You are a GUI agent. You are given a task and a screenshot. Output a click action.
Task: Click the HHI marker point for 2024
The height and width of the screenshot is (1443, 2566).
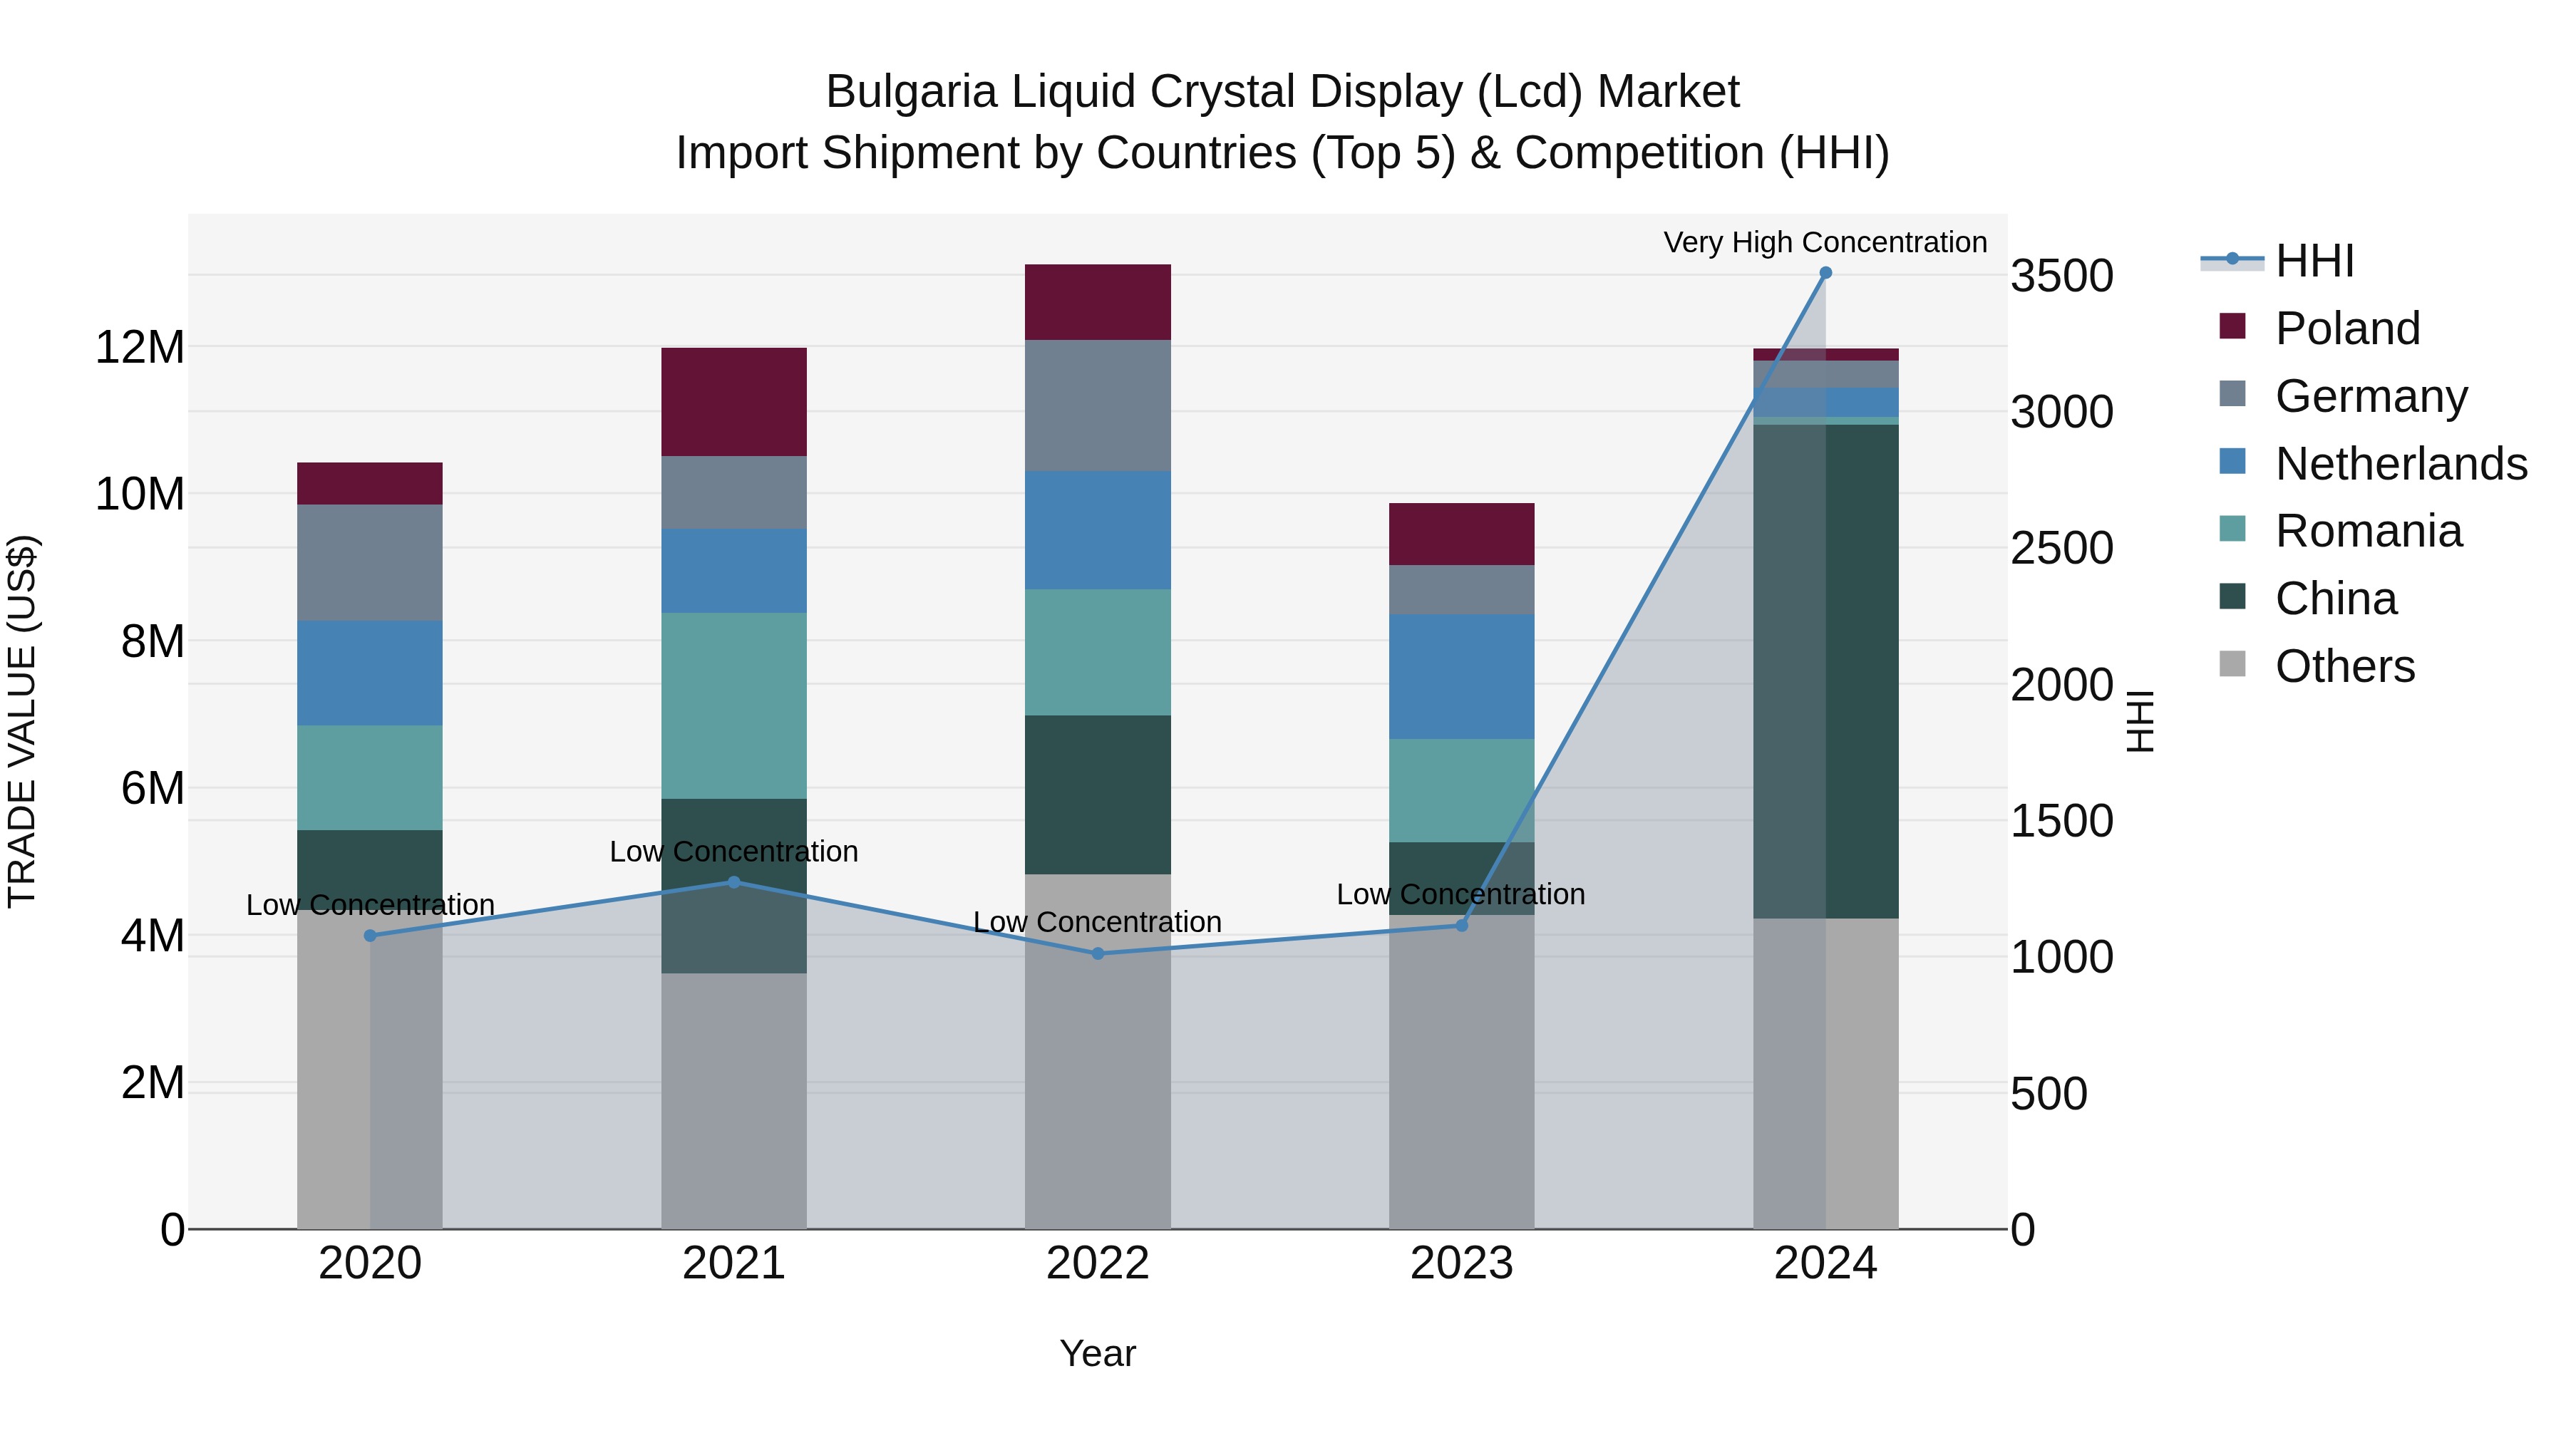[x=1825, y=273]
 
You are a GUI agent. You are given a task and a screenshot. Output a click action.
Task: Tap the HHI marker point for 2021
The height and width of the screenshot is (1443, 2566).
[x=734, y=881]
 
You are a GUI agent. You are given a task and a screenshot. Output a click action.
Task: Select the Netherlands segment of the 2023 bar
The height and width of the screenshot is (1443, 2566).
[x=1461, y=676]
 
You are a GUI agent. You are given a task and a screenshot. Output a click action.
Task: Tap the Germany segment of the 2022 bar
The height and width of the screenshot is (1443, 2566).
[x=1098, y=405]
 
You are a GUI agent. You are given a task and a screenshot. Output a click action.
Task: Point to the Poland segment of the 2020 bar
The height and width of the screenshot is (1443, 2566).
[x=369, y=483]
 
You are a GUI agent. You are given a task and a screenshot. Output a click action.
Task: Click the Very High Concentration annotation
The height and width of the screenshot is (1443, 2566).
[x=1825, y=242]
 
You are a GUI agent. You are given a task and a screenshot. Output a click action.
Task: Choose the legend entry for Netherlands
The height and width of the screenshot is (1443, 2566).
[x=2401, y=463]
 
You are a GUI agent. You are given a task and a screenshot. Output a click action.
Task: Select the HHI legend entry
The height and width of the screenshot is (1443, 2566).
[x=2314, y=260]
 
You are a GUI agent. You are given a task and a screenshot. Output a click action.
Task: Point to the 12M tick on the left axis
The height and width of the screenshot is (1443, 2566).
[x=140, y=348]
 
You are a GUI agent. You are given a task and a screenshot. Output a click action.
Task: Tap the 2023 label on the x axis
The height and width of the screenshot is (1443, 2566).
[x=1461, y=1263]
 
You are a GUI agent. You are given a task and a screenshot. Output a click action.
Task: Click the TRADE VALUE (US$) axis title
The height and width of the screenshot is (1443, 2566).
[x=22, y=721]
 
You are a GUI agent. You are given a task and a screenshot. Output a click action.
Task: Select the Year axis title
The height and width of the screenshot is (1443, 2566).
[x=1098, y=1353]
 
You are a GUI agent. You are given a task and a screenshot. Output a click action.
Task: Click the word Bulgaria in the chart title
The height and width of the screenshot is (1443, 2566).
[x=910, y=92]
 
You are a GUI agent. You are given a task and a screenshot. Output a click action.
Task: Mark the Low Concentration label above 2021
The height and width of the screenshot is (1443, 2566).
[x=734, y=852]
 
